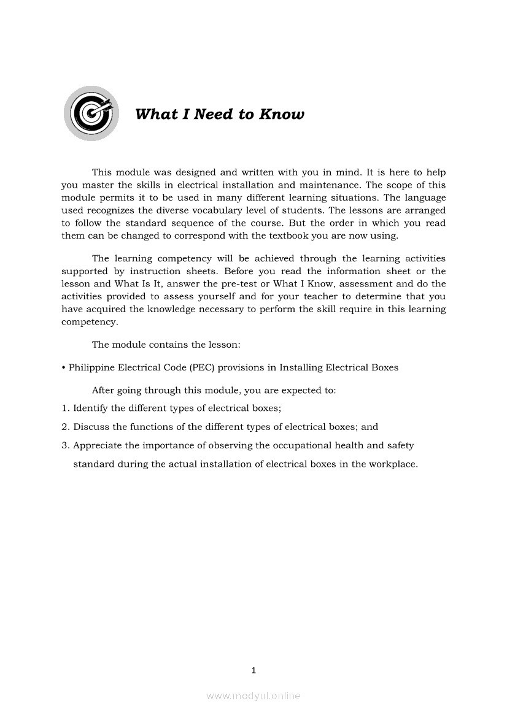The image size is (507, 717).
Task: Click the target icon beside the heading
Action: click(x=91, y=113)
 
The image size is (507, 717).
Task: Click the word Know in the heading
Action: click(x=282, y=115)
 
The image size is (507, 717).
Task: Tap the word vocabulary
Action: click(x=244, y=210)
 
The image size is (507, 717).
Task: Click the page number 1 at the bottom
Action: click(x=253, y=670)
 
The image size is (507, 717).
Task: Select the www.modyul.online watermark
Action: click(x=253, y=696)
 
